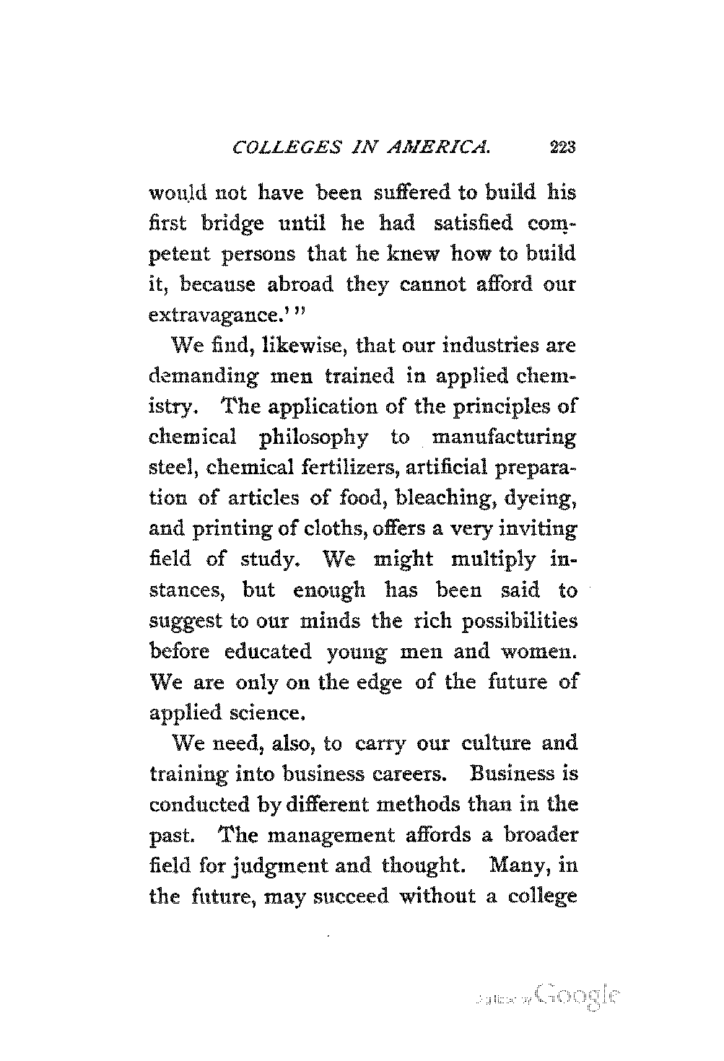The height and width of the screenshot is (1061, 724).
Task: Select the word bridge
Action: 235,224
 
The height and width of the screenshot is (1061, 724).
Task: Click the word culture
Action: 492,743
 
